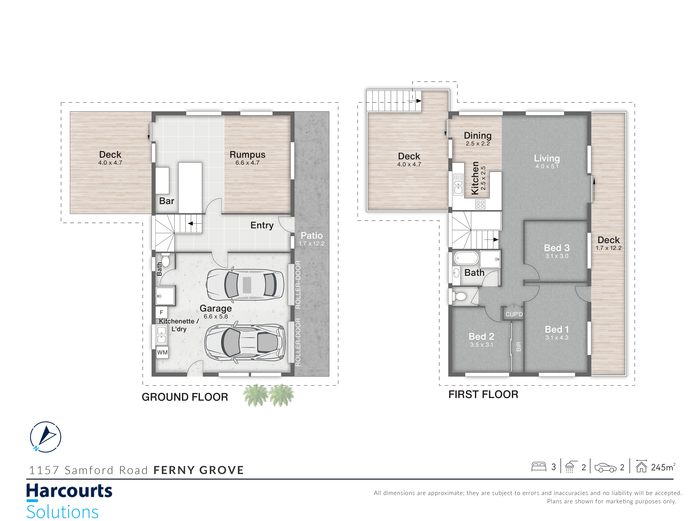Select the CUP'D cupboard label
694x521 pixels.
[514, 314]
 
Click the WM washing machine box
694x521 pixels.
[162, 352]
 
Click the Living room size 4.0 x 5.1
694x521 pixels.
[547, 166]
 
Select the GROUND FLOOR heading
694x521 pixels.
[185, 397]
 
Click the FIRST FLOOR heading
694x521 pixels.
[483, 394]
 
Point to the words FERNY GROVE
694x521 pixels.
[199, 470]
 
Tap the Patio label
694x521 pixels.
[312, 235]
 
